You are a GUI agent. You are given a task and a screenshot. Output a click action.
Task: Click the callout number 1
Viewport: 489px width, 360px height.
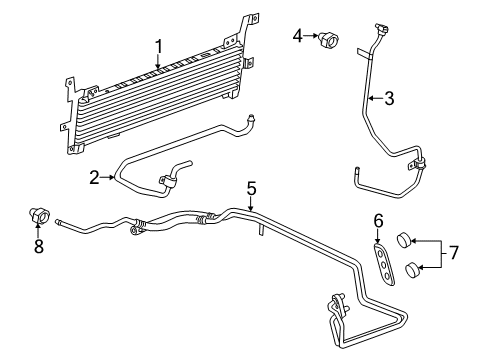[x=158, y=45]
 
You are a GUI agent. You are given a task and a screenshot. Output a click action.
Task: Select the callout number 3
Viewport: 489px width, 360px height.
[x=388, y=98]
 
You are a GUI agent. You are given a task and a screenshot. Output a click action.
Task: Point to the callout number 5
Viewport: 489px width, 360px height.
[x=252, y=187]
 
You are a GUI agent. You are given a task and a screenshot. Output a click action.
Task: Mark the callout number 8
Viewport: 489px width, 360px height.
[x=39, y=246]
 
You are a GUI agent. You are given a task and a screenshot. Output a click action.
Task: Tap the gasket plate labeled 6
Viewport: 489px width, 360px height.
[x=382, y=261]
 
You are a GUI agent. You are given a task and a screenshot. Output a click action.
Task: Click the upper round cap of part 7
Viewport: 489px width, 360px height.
[x=405, y=240]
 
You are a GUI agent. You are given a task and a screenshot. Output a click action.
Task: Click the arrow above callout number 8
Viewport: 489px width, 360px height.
[x=39, y=228]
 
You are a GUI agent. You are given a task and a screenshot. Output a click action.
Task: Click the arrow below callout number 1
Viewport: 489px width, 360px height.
[x=158, y=66]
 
